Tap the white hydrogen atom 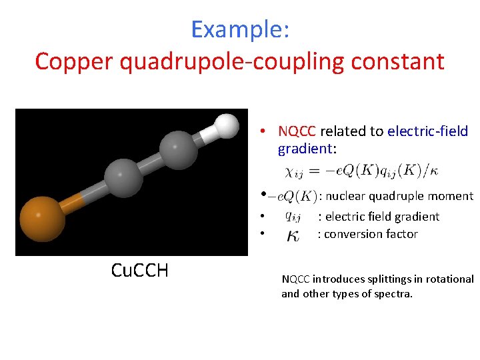pos(226,125)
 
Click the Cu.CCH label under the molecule pos(139,270)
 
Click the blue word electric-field pos(427,131)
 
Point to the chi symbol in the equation pos(291,172)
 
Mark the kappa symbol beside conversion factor pos(292,235)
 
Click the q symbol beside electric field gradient pos(292,216)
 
